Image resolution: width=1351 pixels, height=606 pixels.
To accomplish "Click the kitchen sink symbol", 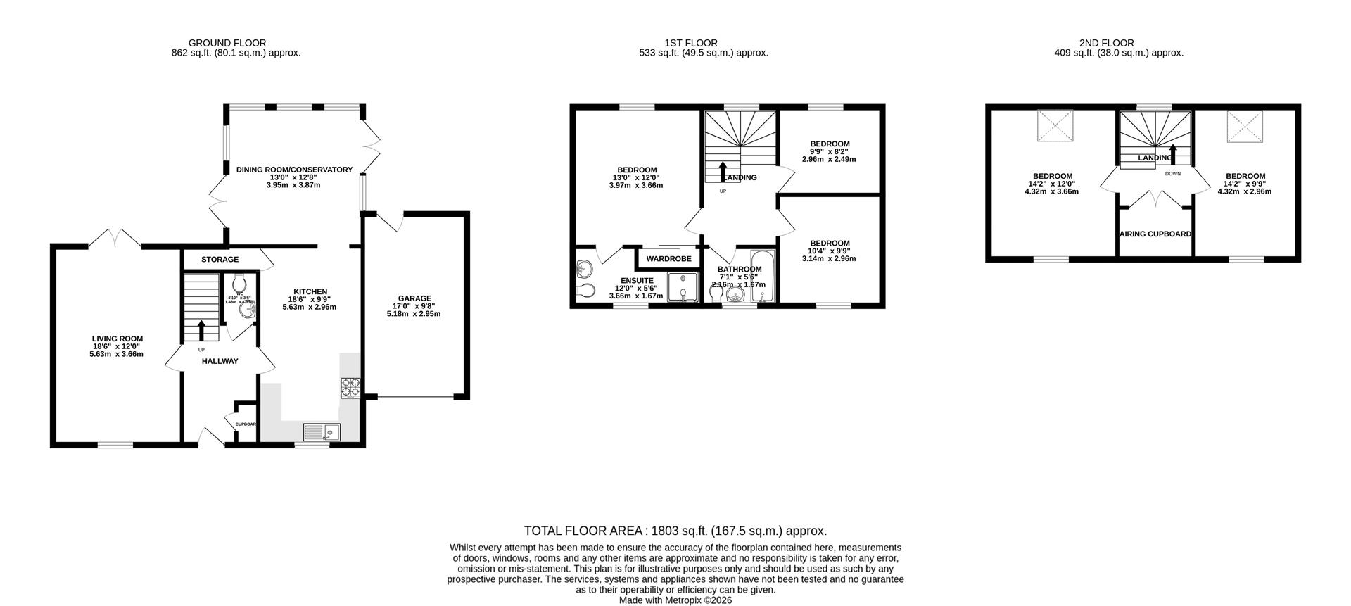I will pyautogui.click(x=322, y=431).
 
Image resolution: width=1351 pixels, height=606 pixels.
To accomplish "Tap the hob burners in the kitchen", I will pyautogui.click(x=350, y=388).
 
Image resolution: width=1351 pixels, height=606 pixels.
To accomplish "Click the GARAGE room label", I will pyautogui.click(x=414, y=298).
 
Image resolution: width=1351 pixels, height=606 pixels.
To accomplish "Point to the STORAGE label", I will pyautogui.click(x=220, y=260).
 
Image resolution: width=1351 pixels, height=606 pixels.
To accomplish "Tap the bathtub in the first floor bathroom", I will pyautogui.click(x=763, y=277).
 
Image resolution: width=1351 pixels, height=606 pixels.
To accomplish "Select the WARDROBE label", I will pyautogui.click(x=668, y=259).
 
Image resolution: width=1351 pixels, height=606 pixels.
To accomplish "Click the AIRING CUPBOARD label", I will pyautogui.click(x=1155, y=234).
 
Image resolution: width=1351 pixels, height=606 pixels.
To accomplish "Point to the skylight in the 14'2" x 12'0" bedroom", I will pyautogui.click(x=1055, y=126).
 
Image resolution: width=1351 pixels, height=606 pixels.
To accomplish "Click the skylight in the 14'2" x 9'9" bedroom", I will pyautogui.click(x=1245, y=126).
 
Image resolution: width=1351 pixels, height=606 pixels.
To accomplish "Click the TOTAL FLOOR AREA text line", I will pyautogui.click(x=675, y=531).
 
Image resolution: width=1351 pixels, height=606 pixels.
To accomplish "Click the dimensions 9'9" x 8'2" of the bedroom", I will pyautogui.click(x=830, y=159).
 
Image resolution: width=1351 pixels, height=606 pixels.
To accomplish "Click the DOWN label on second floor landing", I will pyautogui.click(x=1172, y=173).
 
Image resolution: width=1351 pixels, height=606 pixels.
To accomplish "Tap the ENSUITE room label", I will pyautogui.click(x=636, y=280).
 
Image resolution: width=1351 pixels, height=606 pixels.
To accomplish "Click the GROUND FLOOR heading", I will pyautogui.click(x=227, y=43).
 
